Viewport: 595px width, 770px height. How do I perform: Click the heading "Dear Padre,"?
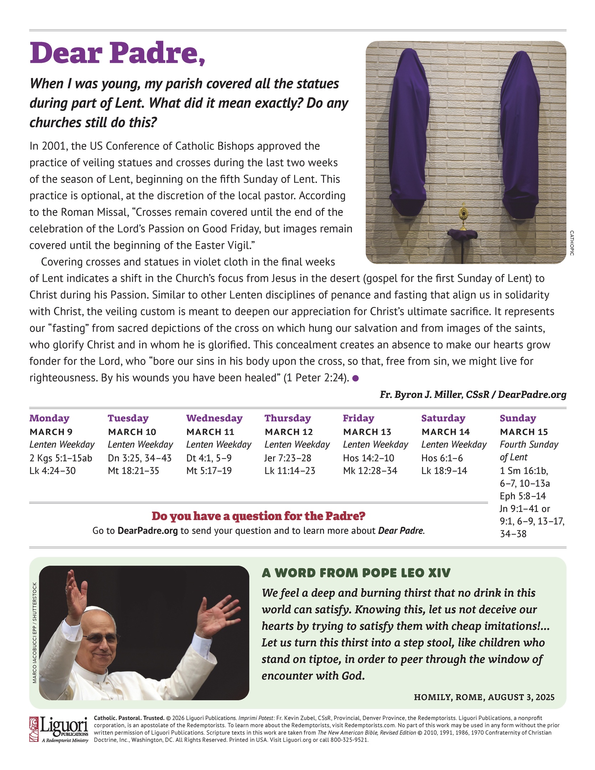(117, 53)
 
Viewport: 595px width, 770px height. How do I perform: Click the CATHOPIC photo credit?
(571, 243)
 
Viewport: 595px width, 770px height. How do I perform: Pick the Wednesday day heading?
(214, 418)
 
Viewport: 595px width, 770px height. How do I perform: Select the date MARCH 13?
(367, 432)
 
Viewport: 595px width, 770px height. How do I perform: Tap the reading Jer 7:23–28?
(288, 458)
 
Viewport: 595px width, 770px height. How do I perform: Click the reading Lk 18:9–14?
(444, 471)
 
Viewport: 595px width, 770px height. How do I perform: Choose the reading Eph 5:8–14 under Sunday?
(523, 496)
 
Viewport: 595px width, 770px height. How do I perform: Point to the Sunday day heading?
(518, 418)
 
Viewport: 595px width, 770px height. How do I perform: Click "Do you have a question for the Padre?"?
(258, 516)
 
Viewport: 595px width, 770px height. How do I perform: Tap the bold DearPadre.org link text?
(148, 531)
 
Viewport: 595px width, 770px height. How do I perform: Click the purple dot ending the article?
(355, 379)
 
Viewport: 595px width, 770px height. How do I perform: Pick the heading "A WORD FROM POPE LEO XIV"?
(356, 573)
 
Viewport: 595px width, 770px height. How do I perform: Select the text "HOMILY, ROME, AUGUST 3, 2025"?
(484, 697)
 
